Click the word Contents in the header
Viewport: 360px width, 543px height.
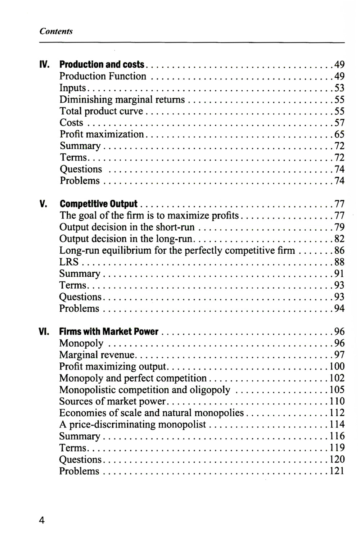[x=56, y=31]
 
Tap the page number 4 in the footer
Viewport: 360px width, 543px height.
[x=42, y=520]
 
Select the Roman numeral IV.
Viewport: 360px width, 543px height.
[x=44, y=65]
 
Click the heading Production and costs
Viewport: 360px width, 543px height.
[x=102, y=65]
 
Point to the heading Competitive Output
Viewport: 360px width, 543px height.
[x=98, y=204]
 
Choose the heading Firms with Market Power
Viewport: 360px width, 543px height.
[x=109, y=331]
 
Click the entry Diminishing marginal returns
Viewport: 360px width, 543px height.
[x=122, y=100]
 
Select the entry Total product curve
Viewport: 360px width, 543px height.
[x=101, y=111]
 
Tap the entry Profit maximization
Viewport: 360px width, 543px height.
[x=102, y=134]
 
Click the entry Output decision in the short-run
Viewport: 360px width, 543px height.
[x=127, y=227]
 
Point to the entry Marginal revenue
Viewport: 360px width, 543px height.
[x=96, y=355]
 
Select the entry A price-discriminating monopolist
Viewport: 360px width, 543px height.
[x=132, y=425]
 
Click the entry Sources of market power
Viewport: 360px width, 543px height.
[x=112, y=401]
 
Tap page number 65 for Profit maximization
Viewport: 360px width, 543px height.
[x=339, y=135]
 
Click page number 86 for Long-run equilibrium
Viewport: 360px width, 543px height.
[x=339, y=250]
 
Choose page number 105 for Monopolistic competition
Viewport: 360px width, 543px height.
[x=337, y=390]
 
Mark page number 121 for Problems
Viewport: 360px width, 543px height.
[x=337, y=471]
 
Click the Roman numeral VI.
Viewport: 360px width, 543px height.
[x=44, y=331]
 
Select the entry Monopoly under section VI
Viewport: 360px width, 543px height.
[x=81, y=343]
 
